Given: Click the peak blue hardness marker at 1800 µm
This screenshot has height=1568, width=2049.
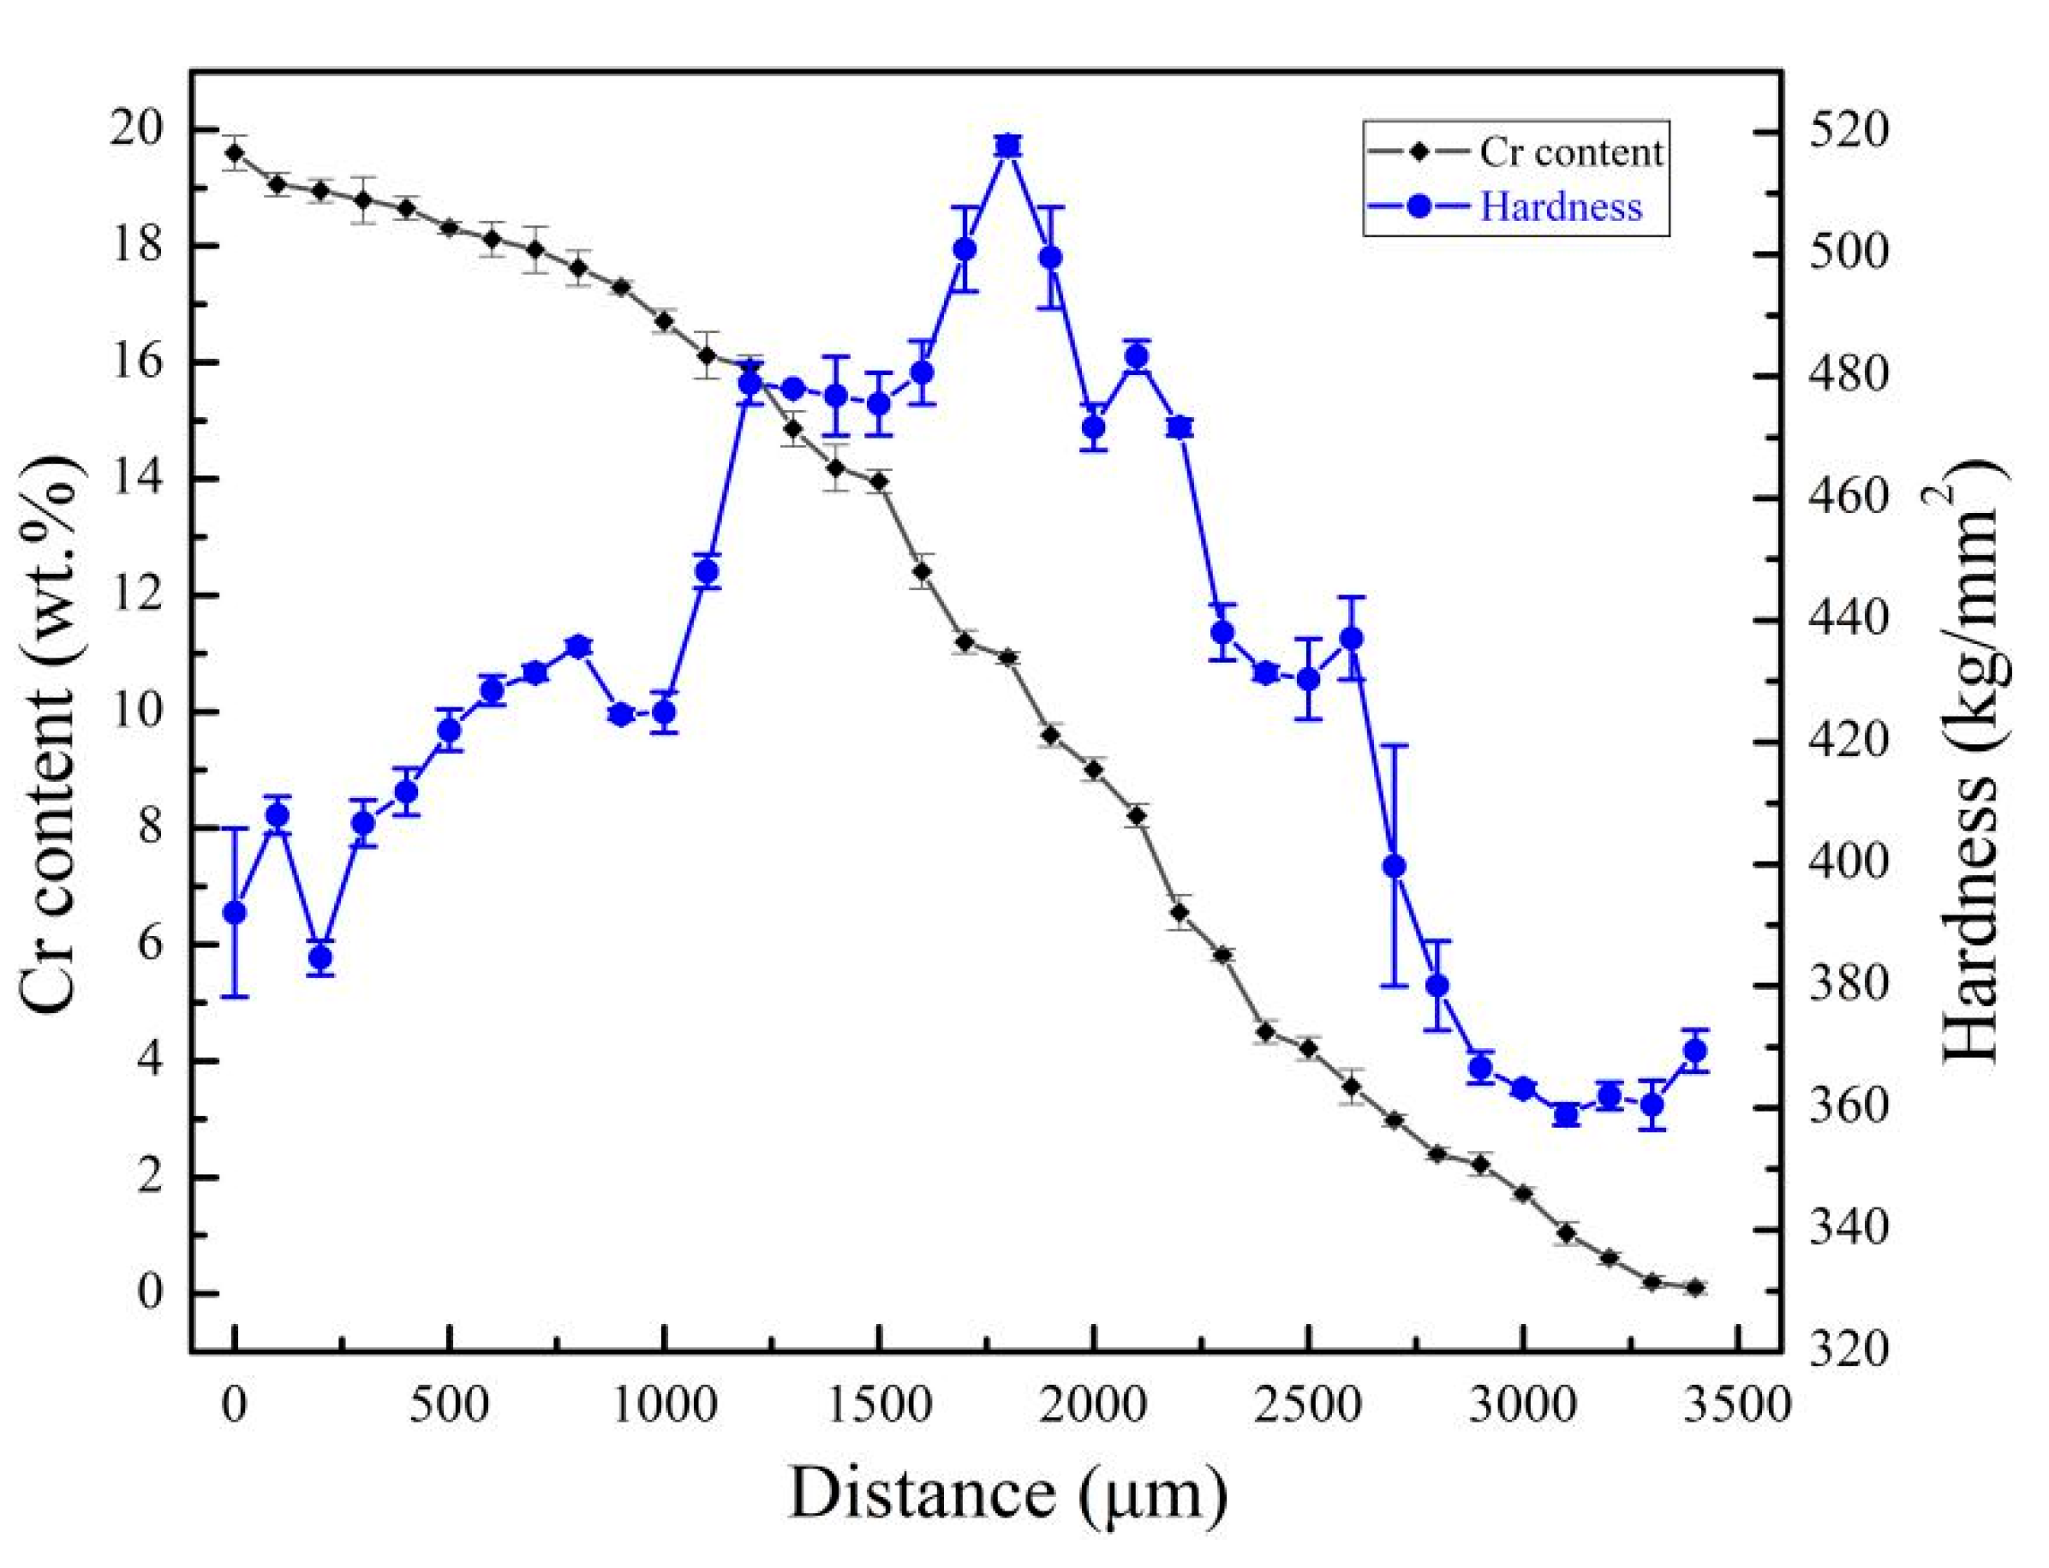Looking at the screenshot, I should [x=1007, y=145].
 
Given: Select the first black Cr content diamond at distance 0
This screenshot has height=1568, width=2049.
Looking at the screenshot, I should [x=235, y=152].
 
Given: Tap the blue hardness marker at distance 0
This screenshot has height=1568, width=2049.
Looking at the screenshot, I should [x=235, y=913].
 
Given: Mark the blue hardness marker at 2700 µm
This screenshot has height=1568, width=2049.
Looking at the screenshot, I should [x=1394, y=866].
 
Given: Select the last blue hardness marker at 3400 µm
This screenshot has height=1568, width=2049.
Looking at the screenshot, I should [x=1695, y=1051].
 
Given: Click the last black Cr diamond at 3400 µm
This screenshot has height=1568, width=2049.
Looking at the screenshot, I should [x=1695, y=1288].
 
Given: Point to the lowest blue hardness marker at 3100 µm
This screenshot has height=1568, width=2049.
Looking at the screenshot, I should [x=1567, y=1115].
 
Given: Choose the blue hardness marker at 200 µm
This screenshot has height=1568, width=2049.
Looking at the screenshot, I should [x=320, y=957].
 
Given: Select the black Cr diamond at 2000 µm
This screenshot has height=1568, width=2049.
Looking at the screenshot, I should [x=1094, y=770].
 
